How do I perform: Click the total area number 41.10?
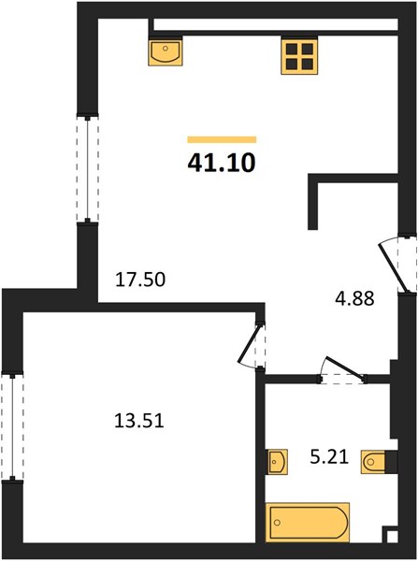point(222,163)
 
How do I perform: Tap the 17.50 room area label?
point(140,279)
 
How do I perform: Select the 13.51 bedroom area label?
point(139,420)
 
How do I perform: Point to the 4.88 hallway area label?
point(354,298)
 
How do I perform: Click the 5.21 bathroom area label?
point(329,457)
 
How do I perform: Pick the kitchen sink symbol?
point(166,52)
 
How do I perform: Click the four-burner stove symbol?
point(299,56)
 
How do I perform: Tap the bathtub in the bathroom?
point(308,523)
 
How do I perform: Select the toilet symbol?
point(373,462)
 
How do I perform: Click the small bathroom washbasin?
point(277,462)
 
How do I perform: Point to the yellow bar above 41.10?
point(222,139)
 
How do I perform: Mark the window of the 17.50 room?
point(87,168)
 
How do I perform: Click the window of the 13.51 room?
point(12,427)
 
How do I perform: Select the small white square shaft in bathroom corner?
point(392,537)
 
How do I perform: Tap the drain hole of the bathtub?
point(277,523)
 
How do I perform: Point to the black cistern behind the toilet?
point(391,462)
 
